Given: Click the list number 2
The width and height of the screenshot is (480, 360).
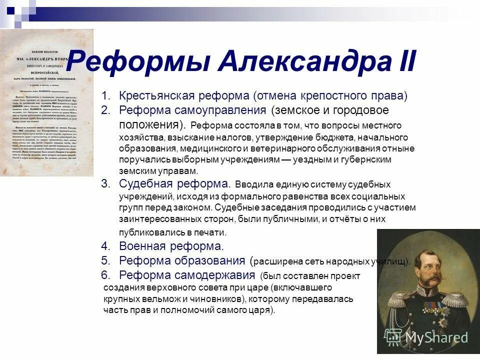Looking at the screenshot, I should coord(105,109).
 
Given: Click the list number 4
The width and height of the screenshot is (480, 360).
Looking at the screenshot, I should coord(105,246).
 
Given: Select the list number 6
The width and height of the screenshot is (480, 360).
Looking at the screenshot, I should coord(105,275).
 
